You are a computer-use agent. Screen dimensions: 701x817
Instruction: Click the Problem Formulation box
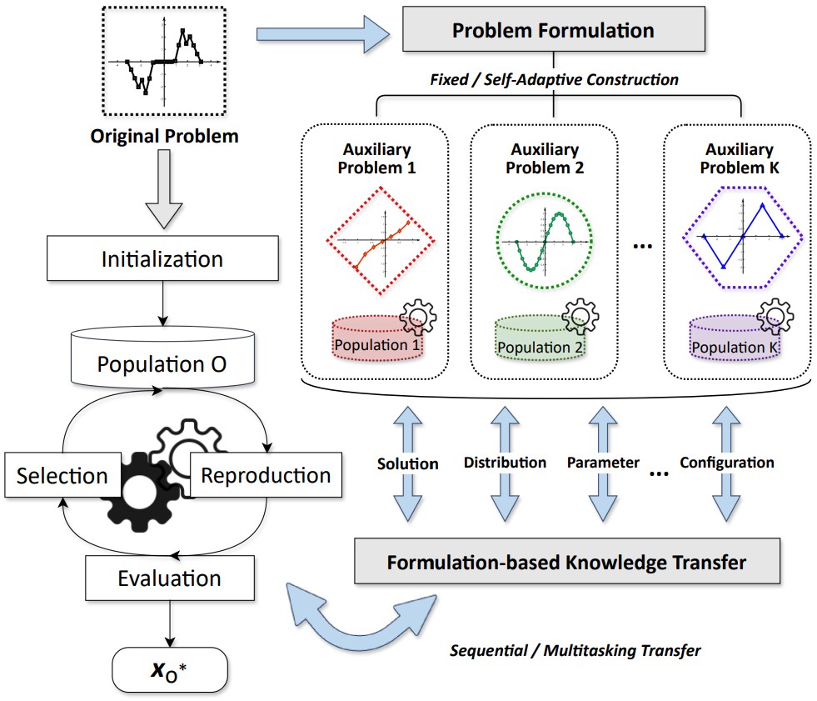tap(553, 32)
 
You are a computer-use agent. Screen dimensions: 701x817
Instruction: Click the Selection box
tap(62, 476)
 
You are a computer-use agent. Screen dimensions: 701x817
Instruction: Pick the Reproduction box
tap(266, 475)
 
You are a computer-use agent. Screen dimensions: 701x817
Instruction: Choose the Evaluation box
tap(169, 578)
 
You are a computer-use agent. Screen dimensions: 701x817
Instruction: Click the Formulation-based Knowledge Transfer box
tap(567, 561)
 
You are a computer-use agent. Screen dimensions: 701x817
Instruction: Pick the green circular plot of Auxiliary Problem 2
tap(545, 240)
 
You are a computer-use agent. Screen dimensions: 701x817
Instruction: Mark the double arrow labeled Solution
tap(407, 463)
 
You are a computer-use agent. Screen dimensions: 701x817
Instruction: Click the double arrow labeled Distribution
tap(506, 463)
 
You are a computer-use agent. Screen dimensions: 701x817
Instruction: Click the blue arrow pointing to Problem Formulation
tap(321, 33)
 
